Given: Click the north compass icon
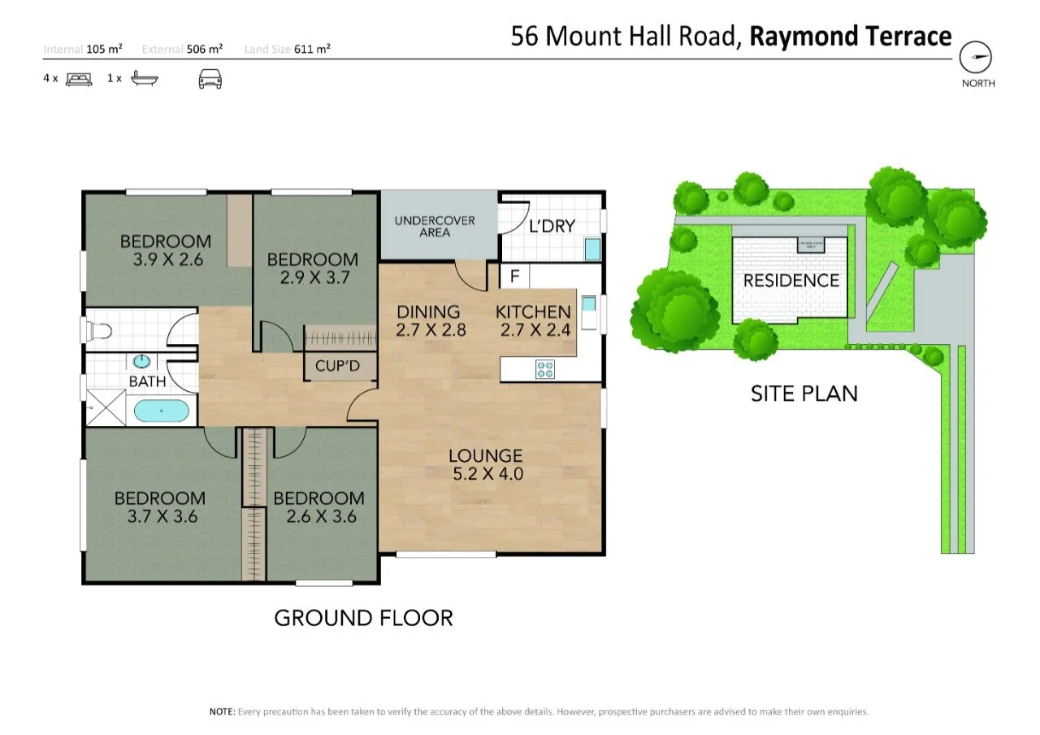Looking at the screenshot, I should [x=977, y=58].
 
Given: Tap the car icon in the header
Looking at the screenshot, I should [x=210, y=79].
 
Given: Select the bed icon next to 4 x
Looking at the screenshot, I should [x=78, y=79].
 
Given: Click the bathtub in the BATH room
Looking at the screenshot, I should [x=162, y=411].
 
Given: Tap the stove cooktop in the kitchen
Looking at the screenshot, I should [x=545, y=370].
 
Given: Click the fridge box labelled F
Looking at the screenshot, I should [x=513, y=276].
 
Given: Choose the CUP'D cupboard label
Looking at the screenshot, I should [x=337, y=366].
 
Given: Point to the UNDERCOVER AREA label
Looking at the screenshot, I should [x=435, y=226].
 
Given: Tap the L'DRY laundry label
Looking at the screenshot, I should [x=552, y=226].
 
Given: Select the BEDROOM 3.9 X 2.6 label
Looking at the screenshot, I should [x=166, y=250].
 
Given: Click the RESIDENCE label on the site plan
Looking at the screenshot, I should [x=791, y=281].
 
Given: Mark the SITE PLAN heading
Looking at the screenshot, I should [x=804, y=394].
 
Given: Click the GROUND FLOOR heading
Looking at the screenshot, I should [x=363, y=618].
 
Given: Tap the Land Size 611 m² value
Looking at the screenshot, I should [x=288, y=50].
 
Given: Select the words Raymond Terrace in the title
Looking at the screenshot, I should [x=850, y=37].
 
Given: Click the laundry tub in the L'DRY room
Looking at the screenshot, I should [x=592, y=248].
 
